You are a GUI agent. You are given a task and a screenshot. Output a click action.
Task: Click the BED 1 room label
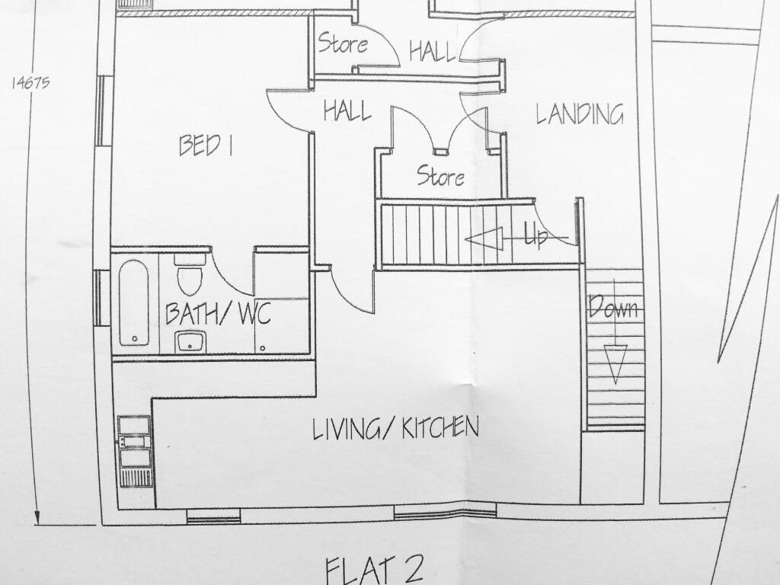tap(206, 145)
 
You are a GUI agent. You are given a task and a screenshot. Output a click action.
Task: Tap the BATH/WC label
tap(217, 313)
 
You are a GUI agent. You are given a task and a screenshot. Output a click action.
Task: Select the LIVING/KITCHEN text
tap(395, 428)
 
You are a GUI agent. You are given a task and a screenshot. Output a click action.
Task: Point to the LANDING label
tap(580, 114)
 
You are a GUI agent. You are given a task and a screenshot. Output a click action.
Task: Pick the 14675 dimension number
tap(30, 82)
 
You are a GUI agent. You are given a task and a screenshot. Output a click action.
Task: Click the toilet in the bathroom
tap(190, 275)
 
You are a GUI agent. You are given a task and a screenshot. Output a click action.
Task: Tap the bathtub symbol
tap(134, 302)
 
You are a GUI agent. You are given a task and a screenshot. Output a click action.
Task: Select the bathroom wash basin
tap(190, 341)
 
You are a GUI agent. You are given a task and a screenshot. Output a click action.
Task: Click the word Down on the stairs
tap(613, 307)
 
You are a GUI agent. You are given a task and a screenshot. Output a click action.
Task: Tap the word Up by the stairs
tap(536, 236)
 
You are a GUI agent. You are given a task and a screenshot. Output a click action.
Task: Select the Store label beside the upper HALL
tap(343, 43)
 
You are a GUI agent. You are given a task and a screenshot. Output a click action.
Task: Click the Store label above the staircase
tap(441, 176)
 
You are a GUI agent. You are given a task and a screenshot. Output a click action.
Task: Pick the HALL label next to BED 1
tap(347, 110)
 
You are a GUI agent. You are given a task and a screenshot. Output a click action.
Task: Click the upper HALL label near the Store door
tap(433, 51)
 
